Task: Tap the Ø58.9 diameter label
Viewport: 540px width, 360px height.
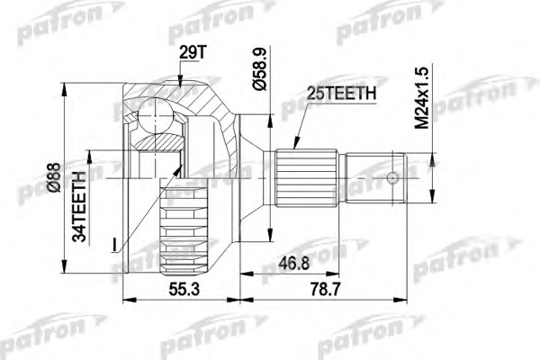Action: pyautogui.click(x=260, y=69)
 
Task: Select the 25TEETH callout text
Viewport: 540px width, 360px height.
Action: pyautogui.click(x=341, y=93)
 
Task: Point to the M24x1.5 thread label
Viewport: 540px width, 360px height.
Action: pyautogui.click(x=422, y=98)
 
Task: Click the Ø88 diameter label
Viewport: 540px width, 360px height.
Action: pyautogui.click(x=54, y=178)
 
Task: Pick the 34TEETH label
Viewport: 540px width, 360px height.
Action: pyautogui.click(x=80, y=207)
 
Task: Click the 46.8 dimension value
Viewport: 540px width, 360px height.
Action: pyautogui.click(x=293, y=264)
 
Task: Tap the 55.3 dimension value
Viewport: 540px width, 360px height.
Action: pyautogui.click(x=184, y=290)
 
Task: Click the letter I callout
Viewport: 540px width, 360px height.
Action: pyautogui.click(x=114, y=245)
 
